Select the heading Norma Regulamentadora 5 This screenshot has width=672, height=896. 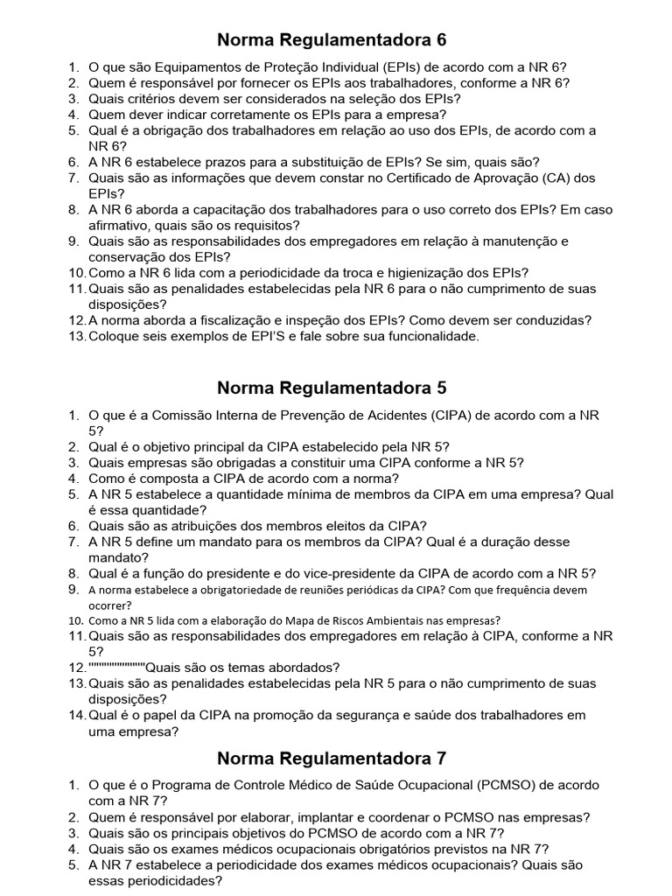pyautogui.click(x=332, y=387)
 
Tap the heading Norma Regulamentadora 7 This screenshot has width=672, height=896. pyautogui.click(x=332, y=758)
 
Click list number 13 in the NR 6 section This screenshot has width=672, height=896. pyautogui.click(x=77, y=336)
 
